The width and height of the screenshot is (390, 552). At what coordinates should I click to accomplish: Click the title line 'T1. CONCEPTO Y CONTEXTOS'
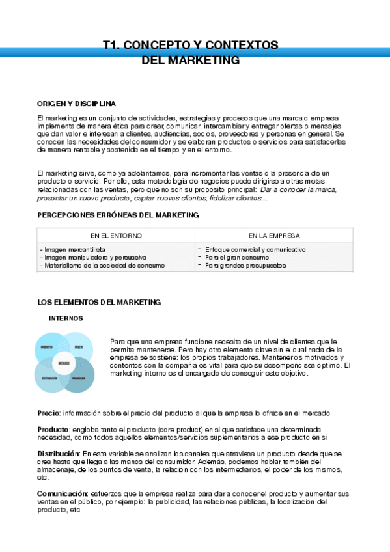[x=191, y=46]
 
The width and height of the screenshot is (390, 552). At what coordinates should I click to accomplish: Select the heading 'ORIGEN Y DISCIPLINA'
[x=77, y=103]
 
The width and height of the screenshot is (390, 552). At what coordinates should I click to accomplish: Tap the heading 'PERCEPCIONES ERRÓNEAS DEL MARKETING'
[x=118, y=215]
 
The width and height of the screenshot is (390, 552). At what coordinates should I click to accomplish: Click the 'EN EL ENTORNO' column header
[x=116, y=236]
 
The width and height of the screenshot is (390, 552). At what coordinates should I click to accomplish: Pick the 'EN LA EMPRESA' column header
[x=273, y=236]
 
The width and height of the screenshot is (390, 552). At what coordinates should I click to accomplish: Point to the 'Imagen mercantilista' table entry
[x=73, y=249]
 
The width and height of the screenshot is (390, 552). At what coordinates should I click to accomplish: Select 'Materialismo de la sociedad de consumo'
[x=103, y=265]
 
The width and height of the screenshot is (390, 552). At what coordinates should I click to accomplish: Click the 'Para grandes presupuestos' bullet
[x=245, y=265]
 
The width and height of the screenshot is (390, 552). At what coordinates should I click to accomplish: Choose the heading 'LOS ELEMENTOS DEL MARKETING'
[x=99, y=302]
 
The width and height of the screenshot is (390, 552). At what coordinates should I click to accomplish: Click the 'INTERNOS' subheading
[x=66, y=318]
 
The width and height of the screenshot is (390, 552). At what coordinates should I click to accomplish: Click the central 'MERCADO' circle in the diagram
[x=64, y=363]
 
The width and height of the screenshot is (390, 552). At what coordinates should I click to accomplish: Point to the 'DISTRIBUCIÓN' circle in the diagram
[x=49, y=378]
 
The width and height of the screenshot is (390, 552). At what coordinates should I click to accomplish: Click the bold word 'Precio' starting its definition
[x=49, y=413]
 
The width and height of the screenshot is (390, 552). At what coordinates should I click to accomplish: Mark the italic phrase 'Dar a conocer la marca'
[x=298, y=189]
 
